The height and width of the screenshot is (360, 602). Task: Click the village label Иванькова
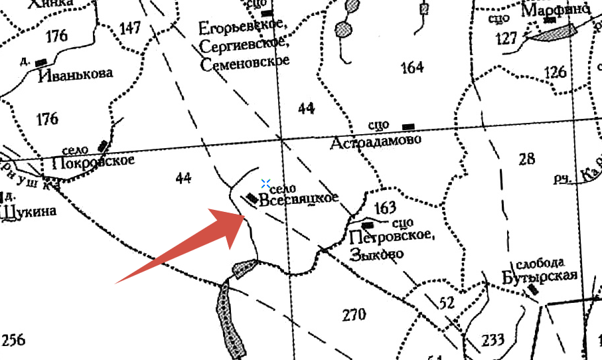[x=75, y=73]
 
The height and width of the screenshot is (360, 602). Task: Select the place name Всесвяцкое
[x=299, y=199]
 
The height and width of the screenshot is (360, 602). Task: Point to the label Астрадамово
[x=377, y=141]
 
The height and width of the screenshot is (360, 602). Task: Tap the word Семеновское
[x=245, y=61]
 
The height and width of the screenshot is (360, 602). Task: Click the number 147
[x=130, y=28]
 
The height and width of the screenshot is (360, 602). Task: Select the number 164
[x=412, y=67]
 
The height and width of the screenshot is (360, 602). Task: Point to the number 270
[x=354, y=314]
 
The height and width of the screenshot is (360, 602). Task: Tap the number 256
[x=13, y=340]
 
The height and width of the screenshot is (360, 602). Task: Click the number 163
[x=385, y=208]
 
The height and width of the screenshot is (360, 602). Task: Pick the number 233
[x=493, y=341]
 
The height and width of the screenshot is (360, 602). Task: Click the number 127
[x=506, y=39]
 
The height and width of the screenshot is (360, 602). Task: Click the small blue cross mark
[x=265, y=183]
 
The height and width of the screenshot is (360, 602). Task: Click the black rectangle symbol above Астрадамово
[x=409, y=126]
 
